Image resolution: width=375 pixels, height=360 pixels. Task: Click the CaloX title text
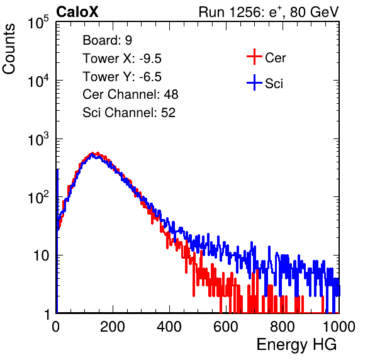click(77, 12)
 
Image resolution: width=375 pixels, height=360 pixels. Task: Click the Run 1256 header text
click(269, 12)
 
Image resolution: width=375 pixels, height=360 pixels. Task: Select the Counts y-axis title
click(9, 49)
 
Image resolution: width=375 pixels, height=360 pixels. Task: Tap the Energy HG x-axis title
click(296, 345)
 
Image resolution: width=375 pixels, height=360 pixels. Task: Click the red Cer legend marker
click(254, 57)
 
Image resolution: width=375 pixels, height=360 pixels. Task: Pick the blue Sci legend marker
click(254, 83)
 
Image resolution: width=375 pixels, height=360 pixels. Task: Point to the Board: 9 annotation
click(107, 40)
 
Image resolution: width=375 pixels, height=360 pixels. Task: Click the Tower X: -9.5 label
click(122, 59)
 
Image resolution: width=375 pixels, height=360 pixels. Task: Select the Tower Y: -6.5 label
click(122, 77)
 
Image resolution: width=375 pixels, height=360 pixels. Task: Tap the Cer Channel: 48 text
click(130, 94)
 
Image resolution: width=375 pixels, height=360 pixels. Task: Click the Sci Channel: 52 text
click(129, 113)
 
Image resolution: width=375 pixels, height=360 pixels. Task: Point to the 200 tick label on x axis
click(113, 326)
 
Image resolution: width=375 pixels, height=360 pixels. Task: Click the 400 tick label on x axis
click(169, 326)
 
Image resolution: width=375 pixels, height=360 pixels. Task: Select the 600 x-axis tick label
click(226, 326)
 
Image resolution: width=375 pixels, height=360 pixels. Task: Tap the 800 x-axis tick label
click(283, 326)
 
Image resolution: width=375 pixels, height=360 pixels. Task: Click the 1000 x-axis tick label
click(339, 326)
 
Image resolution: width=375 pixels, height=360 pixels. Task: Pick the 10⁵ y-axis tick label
click(38, 23)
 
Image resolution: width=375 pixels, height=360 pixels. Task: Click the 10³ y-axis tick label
click(38, 139)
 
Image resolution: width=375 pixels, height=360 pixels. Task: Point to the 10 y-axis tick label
click(42, 256)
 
